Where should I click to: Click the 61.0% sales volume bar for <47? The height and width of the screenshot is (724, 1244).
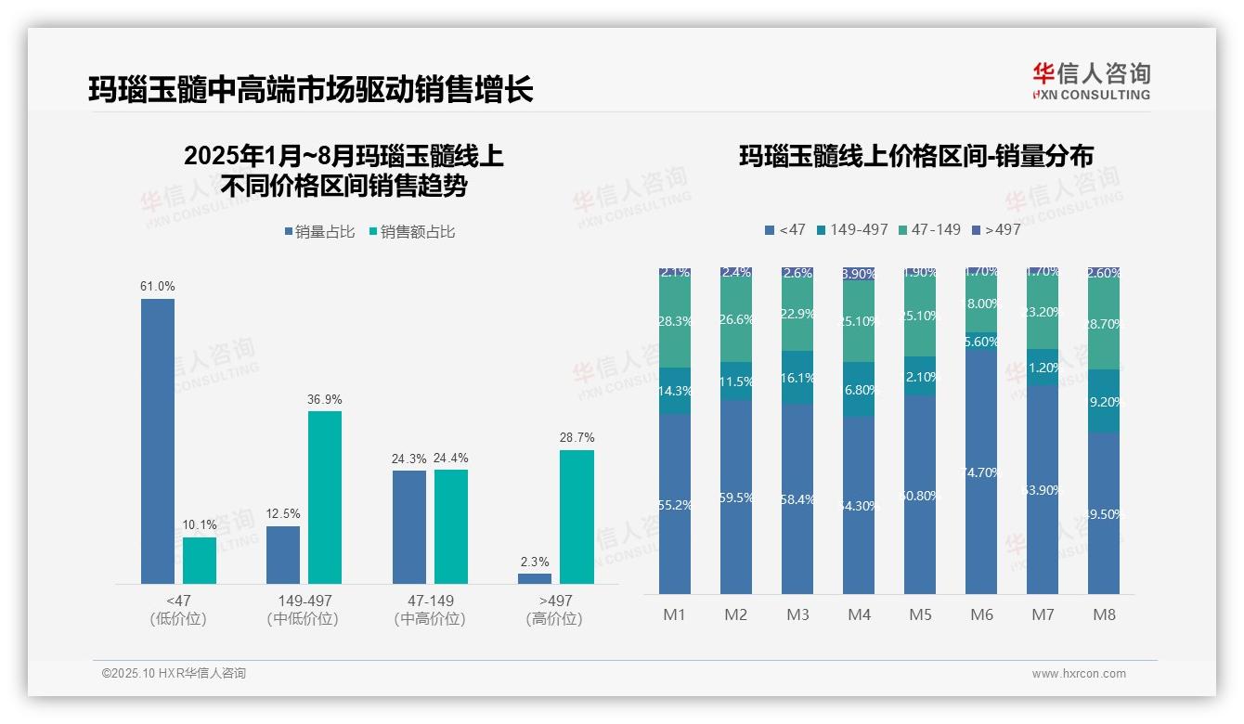tap(158, 441)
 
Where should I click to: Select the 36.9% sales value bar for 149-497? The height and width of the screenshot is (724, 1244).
tap(325, 498)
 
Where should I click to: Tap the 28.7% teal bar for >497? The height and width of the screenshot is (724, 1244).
tap(577, 517)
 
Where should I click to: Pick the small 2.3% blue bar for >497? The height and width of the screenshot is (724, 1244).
tap(535, 578)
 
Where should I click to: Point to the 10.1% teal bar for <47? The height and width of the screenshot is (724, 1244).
tap(200, 561)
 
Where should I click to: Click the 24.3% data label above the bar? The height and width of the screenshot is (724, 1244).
tap(409, 459)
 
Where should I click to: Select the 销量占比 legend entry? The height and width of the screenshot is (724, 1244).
tap(320, 232)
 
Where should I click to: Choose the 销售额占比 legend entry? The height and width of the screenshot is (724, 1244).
tap(412, 232)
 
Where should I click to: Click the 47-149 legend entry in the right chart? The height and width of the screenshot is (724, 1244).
tap(930, 229)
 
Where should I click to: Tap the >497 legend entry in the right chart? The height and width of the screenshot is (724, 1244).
tap(996, 229)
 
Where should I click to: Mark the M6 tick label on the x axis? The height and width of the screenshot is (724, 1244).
tap(981, 614)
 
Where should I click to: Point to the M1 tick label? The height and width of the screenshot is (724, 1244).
tap(674, 614)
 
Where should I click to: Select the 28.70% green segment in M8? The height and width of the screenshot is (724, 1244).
tap(1104, 324)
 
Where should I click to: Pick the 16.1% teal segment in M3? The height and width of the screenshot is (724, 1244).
tap(797, 378)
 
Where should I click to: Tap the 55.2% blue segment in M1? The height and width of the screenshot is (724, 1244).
tap(674, 504)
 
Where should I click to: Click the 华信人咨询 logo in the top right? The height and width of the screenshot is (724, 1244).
tap(1091, 82)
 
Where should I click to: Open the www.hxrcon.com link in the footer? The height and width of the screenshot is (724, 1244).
tap(1079, 674)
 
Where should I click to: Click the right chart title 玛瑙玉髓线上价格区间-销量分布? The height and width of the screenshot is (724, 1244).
tap(915, 156)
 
